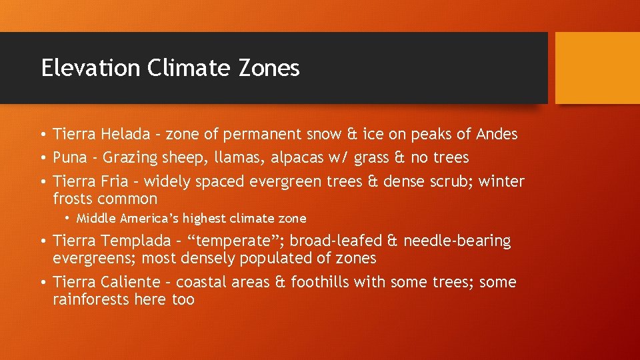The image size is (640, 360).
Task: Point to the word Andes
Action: click(497, 134)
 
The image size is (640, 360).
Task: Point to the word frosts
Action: click(73, 199)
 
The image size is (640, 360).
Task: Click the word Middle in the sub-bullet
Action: click(95, 218)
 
